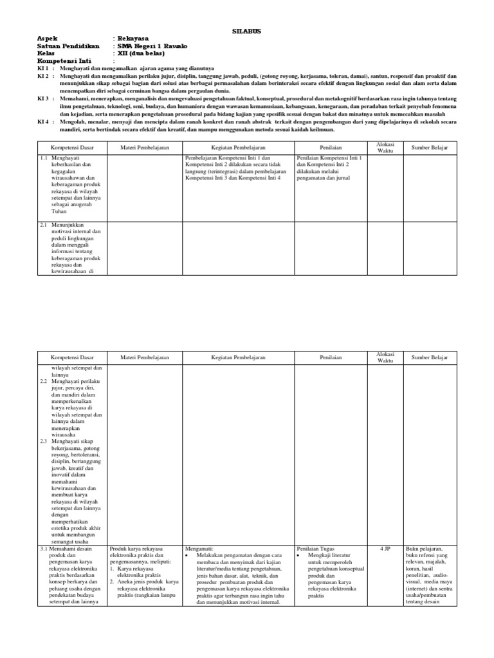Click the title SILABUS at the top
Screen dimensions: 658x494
pos(247,31)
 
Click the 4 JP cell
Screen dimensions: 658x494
pos(385,549)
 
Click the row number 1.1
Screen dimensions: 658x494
pos(44,157)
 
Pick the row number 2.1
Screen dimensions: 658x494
pos(44,226)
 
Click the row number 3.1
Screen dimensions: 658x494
pos(44,549)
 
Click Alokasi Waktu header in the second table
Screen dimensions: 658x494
pos(385,357)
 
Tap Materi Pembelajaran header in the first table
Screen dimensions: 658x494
pos(145,148)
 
